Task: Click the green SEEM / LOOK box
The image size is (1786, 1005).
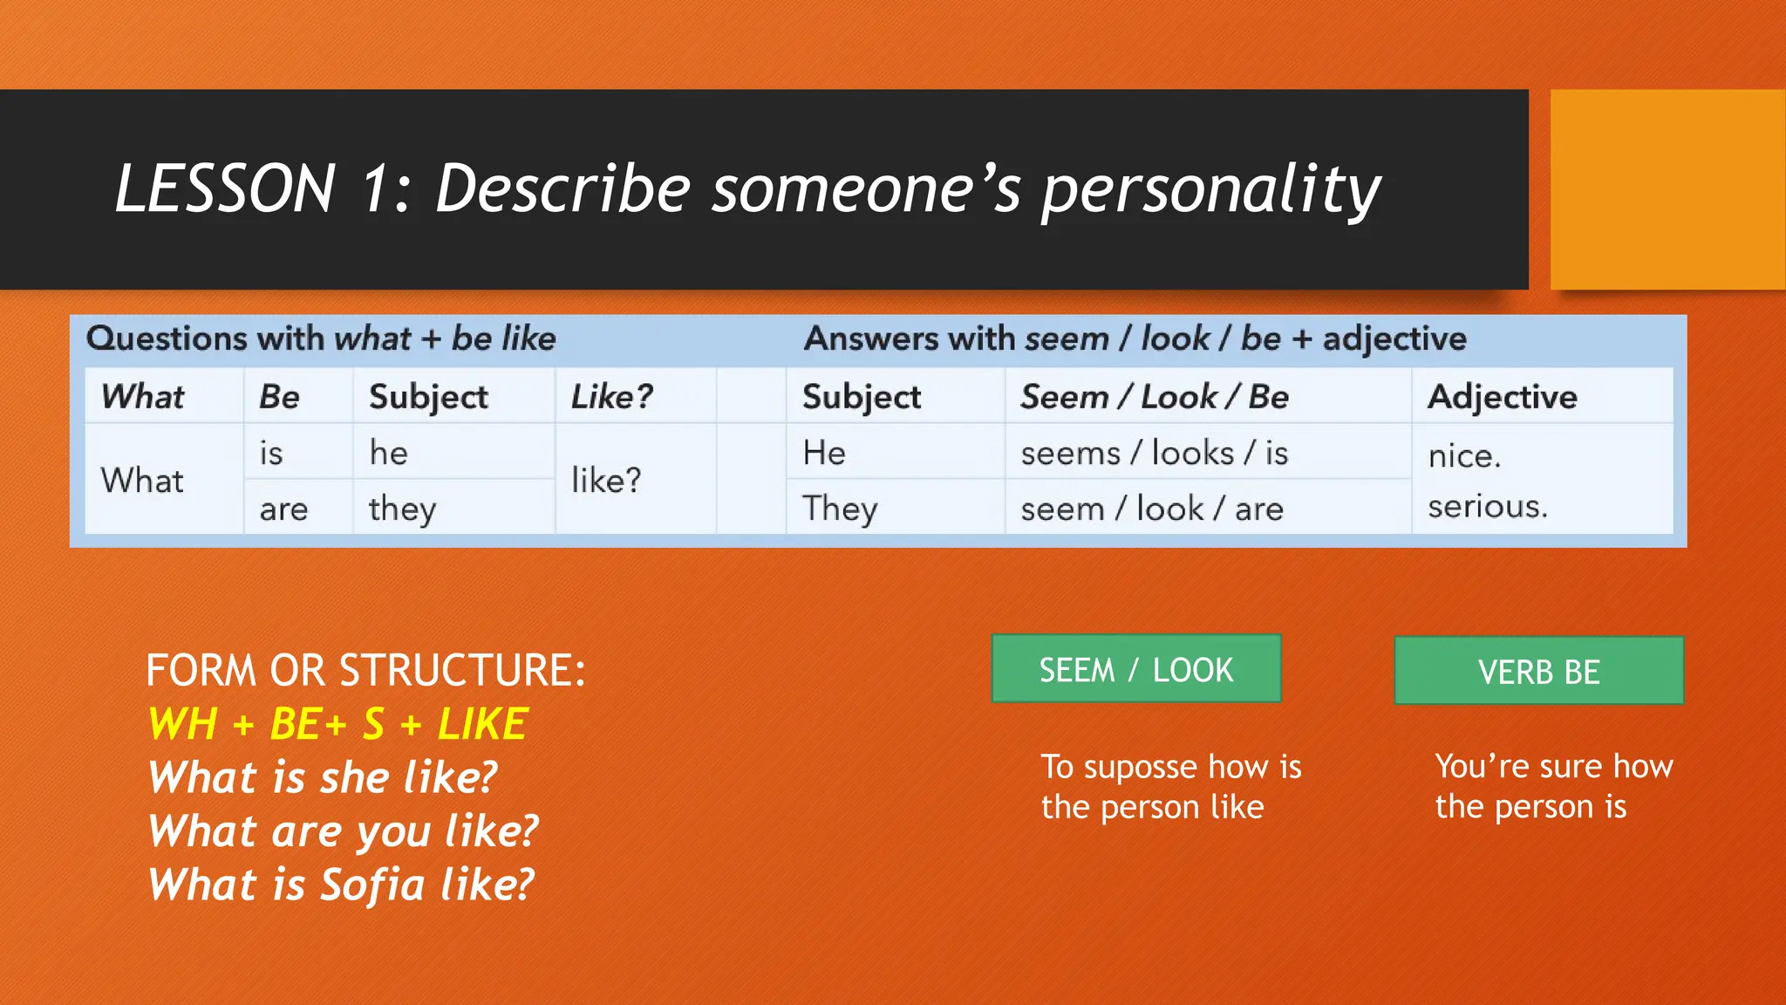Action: tap(1135, 669)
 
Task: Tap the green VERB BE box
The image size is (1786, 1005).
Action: tap(1538, 671)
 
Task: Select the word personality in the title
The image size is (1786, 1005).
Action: tap(1210, 189)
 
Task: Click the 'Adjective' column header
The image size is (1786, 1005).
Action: tap(1502, 397)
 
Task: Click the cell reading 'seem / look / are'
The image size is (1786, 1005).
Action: tap(1151, 509)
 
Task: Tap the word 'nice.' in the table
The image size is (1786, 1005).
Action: tap(1464, 455)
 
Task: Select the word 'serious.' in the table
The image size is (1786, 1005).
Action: tap(1487, 506)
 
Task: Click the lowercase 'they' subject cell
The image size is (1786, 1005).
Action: tap(402, 509)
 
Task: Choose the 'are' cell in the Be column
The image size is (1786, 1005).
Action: tap(283, 509)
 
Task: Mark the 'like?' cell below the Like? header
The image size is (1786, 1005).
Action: tap(606, 481)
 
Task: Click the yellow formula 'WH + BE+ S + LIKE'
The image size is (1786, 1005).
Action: tap(337, 724)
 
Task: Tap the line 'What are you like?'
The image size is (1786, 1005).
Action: tap(343, 831)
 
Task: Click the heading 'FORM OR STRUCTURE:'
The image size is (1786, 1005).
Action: tap(365, 670)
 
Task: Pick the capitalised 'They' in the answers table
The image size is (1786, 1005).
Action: tap(840, 509)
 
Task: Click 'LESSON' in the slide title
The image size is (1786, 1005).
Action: tap(225, 189)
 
